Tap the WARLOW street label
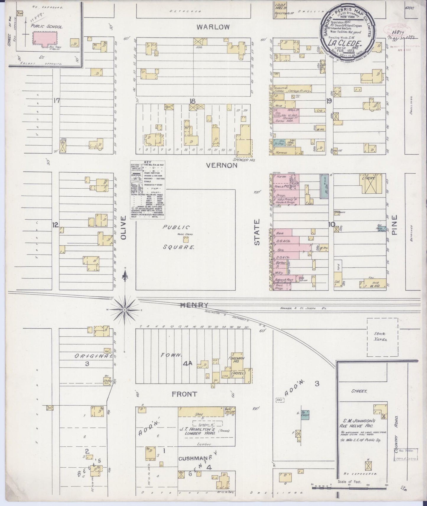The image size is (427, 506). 213,27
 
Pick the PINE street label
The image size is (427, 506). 394,225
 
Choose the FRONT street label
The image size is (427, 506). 184,394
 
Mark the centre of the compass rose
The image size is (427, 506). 125,310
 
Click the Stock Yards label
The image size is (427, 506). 380,337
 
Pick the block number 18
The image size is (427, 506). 193,101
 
